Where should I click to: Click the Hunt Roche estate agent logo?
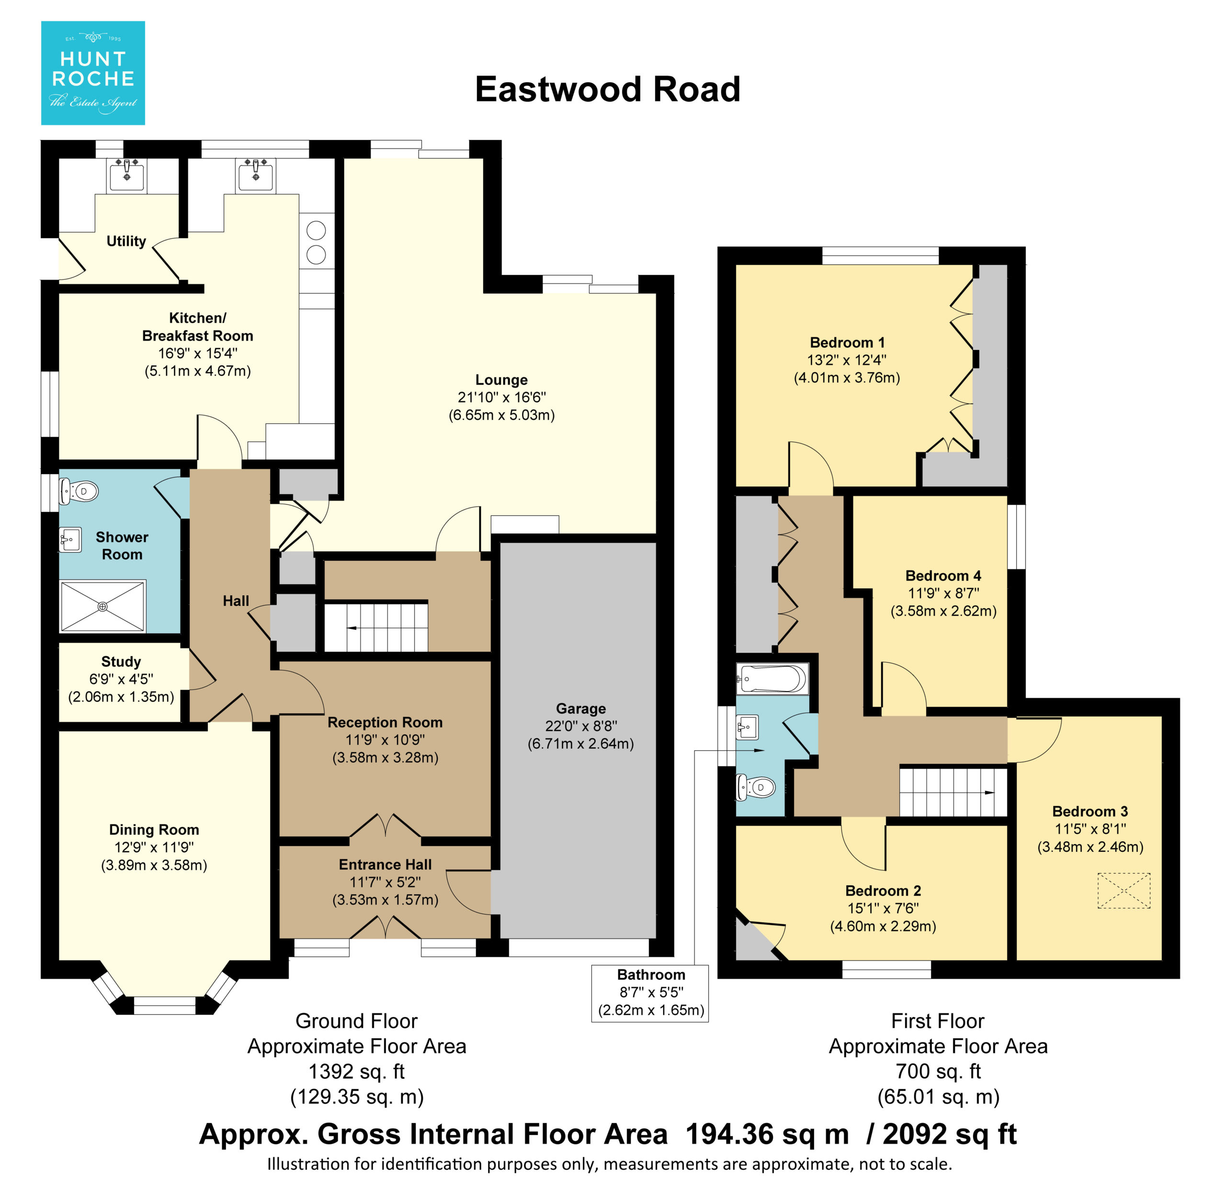93,73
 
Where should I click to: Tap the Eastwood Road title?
607,90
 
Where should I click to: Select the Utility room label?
126,241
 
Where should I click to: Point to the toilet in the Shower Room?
79,491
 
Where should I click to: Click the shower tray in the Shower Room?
103,607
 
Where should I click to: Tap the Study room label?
121,662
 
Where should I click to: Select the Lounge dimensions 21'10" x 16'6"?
502,397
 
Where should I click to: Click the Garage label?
581,709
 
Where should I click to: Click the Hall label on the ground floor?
236,601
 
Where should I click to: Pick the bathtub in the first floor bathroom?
772,679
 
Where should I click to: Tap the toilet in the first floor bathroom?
756,787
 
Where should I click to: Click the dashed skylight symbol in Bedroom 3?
1124,891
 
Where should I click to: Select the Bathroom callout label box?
650,993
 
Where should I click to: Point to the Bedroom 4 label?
943,576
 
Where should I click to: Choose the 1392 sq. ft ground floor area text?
356,1072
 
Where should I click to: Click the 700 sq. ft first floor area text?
938,1072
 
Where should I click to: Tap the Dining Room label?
154,830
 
